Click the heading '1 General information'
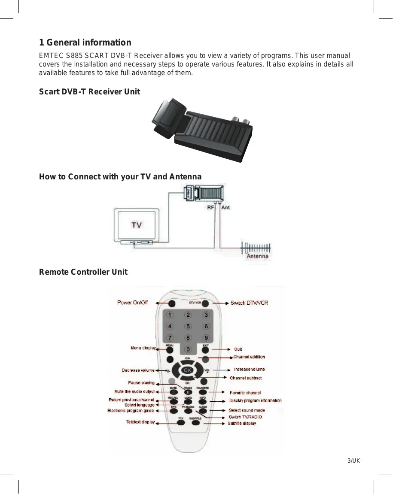[x=85, y=42]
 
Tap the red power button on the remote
[x=172, y=303]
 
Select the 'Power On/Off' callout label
[x=132, y=303]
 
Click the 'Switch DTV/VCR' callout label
[x=249, y=303]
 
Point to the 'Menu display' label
[x=143, y=348]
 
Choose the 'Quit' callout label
[x=238, y=349]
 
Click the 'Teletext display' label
[x=140, y=422]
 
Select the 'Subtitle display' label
[x=242, y=423]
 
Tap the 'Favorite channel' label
[x=245, y=393]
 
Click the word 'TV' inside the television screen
[x=137, y=225]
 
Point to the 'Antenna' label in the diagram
[x=258, y=256]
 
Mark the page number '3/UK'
[x=353, y=461]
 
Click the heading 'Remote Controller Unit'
[x=83, y=272]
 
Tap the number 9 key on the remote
[x=207, y=338]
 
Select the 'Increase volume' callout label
[x=249, y=369]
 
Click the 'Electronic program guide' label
[x=131, y=411]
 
